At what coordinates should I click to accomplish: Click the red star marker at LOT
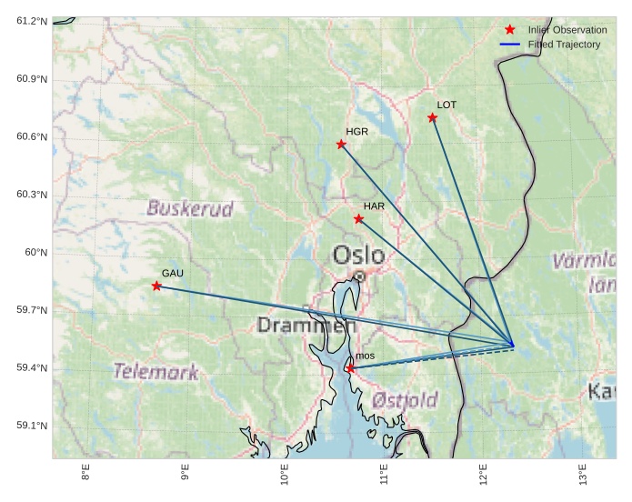coord(433,117)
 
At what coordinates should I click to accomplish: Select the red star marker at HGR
coord(342,144)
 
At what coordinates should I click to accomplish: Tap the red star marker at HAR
coord(359,218)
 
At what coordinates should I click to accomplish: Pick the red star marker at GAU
coord(157,286)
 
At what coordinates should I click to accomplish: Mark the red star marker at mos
coord(350,368)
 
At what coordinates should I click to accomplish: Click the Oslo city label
coord(358,256)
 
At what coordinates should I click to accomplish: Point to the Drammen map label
coord(306,325)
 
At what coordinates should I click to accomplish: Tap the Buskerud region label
coord(190,207)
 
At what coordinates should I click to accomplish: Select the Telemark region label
coord(155,371)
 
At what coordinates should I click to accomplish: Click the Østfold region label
coord(405,399)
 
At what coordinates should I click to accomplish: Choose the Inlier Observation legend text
coord(567,30)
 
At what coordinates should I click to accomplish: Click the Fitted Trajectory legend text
coord(564,44)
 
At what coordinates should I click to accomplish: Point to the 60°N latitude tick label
coord(35,253)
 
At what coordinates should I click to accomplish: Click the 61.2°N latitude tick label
coord(32,21)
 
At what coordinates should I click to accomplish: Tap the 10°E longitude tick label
coord(285,477)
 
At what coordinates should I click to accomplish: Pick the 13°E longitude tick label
coord(582,477)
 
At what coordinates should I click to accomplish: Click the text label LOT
coord(446,105)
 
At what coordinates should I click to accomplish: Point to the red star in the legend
coord(509,30)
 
